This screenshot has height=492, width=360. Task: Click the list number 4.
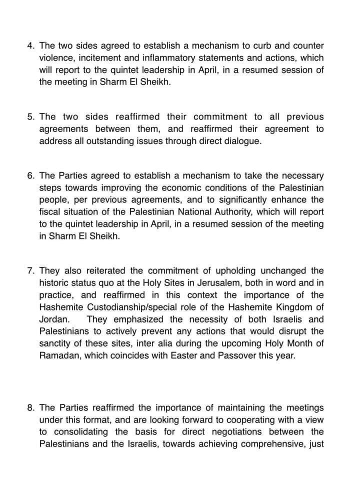click(x=30, y=45)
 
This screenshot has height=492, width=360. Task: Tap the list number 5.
click(x=30, y=117)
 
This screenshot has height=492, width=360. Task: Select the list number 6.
click(x=30, y=175)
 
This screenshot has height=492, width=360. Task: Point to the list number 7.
click(x=30, y=271)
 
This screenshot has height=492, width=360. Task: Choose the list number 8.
click(x=30, y=407)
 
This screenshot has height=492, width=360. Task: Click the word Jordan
click(x=52, y=319)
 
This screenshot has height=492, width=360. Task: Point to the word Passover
click(x=242, y=355)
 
